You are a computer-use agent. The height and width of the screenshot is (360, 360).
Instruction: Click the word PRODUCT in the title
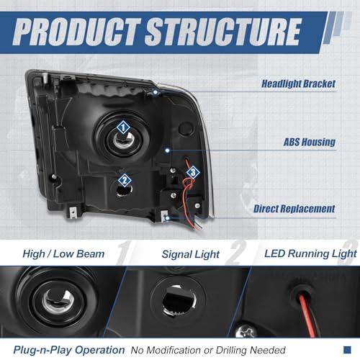(x=77, y=32)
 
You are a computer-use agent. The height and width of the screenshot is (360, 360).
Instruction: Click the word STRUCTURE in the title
(x=223, y=32)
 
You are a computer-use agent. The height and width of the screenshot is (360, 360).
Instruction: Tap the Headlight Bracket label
(x=298, y=84)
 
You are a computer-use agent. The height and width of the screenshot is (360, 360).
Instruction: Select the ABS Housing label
(x=310, y=142)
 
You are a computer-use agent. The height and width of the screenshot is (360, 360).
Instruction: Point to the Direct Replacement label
(x=294, y=209)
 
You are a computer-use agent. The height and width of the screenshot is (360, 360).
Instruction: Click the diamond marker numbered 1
(x=123, y=127)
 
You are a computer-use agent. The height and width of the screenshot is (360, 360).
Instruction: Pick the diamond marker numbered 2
(x=125, y=181)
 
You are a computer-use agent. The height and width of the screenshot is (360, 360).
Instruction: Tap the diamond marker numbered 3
(x=193, y=172)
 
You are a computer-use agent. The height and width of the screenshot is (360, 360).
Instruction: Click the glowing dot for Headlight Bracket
(x=156, y=92)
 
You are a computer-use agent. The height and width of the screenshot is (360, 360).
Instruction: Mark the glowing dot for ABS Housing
(x=167, y=150)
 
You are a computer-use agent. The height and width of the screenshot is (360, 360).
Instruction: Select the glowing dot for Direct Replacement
(x=167, y=218)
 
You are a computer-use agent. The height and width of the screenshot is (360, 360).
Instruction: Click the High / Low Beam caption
(x=63, y=254)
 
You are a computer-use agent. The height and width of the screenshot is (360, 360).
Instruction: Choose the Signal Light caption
(x=191, y=254)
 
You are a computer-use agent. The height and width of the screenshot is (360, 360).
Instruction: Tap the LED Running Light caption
(x=310, y=254)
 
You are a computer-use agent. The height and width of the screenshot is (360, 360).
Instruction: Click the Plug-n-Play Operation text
(x=69, y=350)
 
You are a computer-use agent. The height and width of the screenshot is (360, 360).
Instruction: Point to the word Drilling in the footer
(x=231, y=351)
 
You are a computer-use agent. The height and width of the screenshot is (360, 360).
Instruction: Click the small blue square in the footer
(x=347, y=350)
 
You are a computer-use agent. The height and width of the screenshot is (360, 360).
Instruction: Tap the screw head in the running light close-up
(x=246, y=331)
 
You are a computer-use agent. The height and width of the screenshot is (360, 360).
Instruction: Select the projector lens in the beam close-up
(x=58, y=301)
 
